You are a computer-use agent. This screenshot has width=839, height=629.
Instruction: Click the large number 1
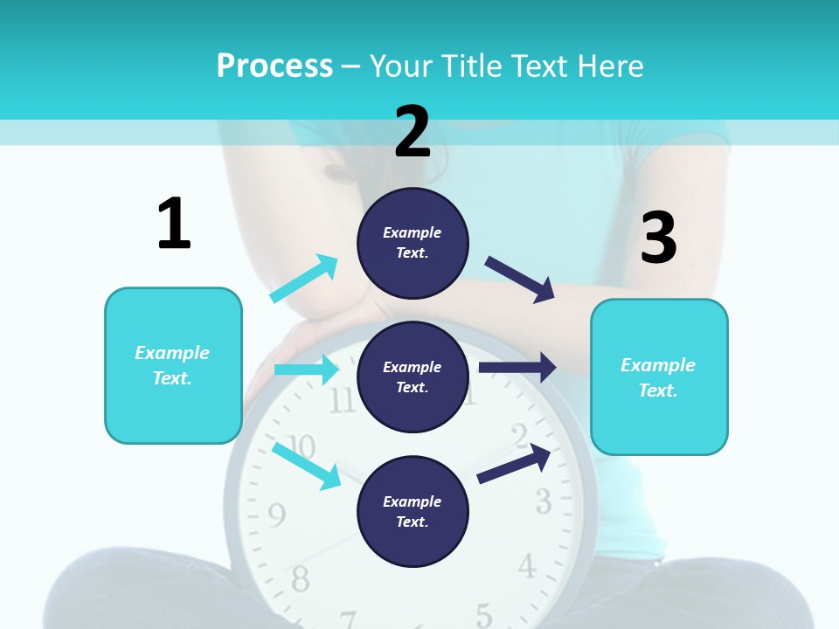point(174,224)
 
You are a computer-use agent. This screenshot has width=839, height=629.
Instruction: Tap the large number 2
point(413,132)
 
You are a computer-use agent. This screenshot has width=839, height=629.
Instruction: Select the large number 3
point(658,238)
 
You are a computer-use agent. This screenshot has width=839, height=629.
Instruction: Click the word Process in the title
point(274,66)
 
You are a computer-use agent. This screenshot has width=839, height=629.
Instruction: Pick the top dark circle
point(413,243)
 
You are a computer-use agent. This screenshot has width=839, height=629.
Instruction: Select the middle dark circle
point(413,377)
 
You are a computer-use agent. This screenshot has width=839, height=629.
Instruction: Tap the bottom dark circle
point(413,511)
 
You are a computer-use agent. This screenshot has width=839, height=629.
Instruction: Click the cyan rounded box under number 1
point(173,365)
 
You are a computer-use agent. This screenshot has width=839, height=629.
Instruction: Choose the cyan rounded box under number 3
point(659,377)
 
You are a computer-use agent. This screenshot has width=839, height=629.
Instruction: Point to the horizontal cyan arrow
point(306,370)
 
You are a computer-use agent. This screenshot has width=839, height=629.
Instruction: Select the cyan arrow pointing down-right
point(306,466)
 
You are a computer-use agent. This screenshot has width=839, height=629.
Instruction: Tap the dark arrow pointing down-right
point(520,280)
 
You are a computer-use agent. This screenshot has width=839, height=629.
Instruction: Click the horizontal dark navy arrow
point(517,368)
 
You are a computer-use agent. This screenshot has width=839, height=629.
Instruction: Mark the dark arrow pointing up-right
point(514,464)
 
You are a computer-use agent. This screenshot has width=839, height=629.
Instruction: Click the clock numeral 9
point(276,516)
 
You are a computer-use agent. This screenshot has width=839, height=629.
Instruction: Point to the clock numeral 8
point(300,577)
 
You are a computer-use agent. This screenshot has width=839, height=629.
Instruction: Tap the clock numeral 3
point(544,501)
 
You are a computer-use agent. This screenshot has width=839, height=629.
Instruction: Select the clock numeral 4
point(526,567)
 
